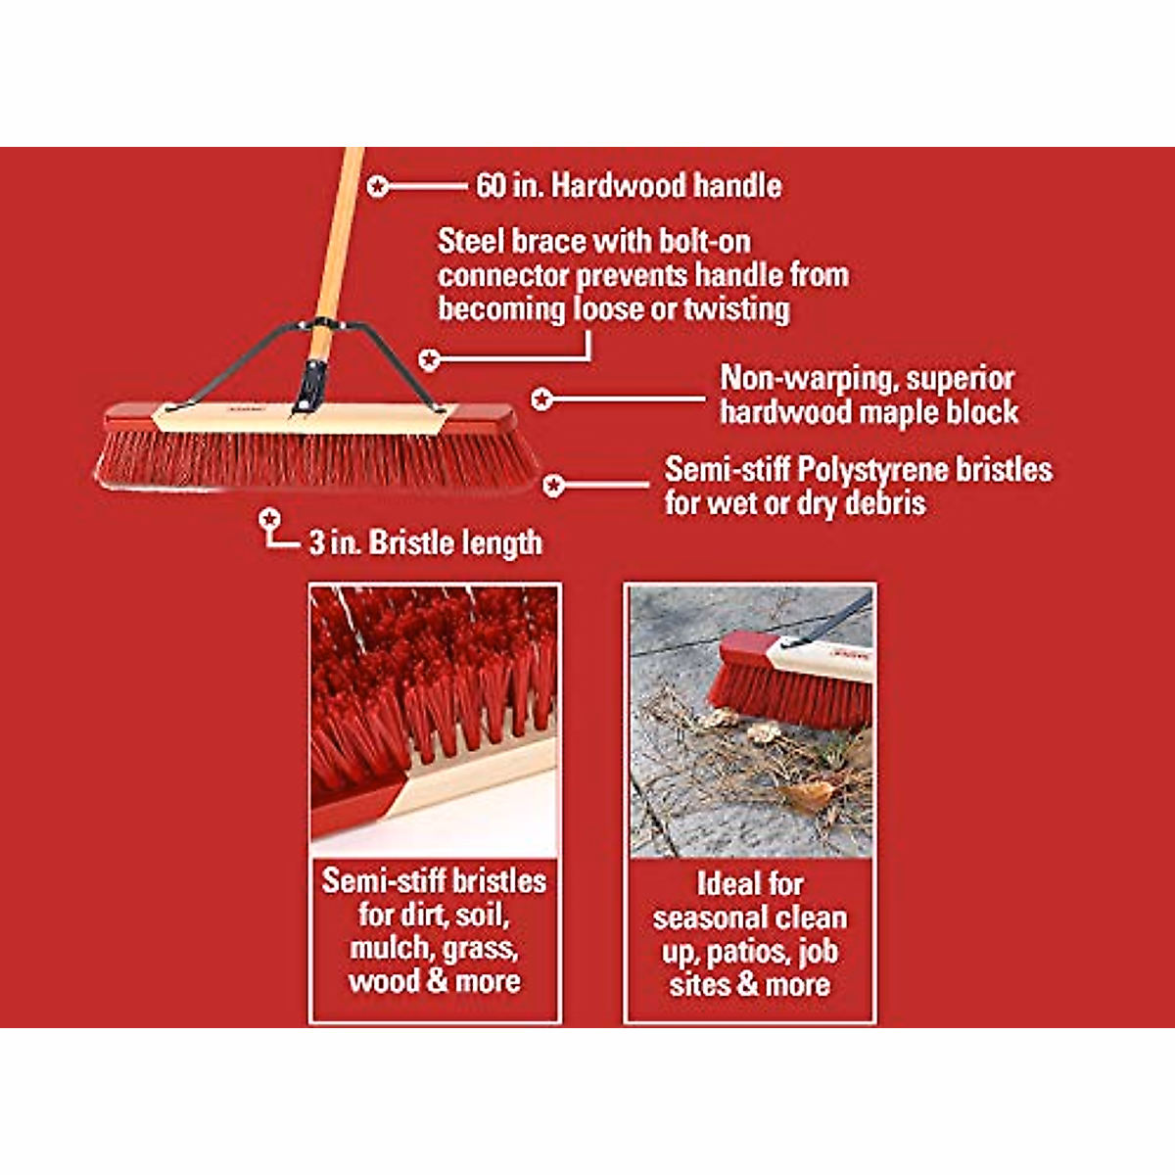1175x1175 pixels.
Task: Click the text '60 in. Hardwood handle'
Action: tap(629, 185)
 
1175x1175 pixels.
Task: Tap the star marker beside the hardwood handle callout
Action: tap(378, 185)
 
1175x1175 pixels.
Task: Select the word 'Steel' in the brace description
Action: tap(471, 241)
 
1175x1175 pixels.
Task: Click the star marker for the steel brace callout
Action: tap(429, 359)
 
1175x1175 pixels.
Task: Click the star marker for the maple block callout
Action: tap(541, 399)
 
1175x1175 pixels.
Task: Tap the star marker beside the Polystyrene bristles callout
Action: tap(553, 485)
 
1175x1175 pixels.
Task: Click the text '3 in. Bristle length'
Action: tap(425, 542)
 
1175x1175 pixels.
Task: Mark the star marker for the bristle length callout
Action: tap(270, 518)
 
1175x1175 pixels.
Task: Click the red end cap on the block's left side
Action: tap(127, 416)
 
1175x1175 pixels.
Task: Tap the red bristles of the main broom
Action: tap(313, 460)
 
